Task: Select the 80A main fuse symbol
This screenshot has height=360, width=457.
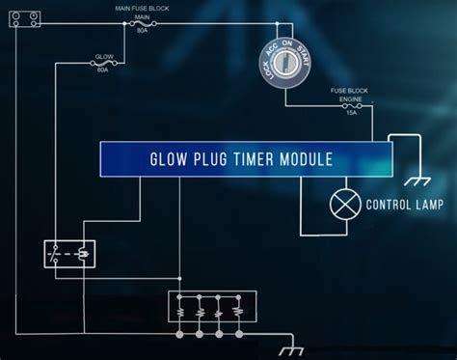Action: click(x=143, y=26)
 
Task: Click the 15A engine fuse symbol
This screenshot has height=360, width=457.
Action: click(x=352, y=106)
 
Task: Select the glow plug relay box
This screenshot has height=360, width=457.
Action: click(x=69, y=253)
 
